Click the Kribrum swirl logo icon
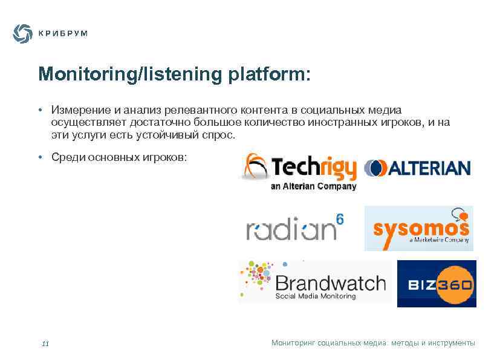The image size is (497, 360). click(22, 33)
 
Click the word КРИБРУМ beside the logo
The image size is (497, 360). click(63, 34)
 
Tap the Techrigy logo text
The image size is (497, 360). click(314, 168)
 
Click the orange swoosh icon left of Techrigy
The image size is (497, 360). click(254, 166)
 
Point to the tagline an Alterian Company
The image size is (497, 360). click(313, 186)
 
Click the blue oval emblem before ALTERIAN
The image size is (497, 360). click(375, 168)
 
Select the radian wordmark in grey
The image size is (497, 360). click(290, 231)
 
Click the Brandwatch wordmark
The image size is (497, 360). click(330, 283)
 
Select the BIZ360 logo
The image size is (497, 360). click(437, 284)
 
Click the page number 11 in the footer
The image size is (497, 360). click(45, 344)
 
